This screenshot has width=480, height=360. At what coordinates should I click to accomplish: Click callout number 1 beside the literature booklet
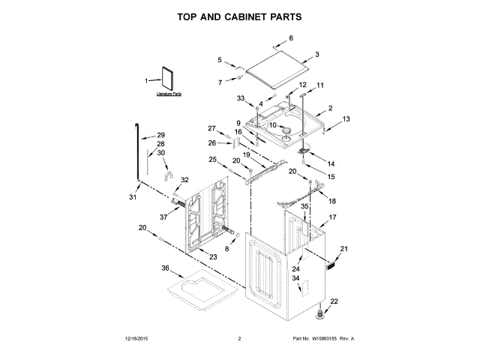pyautogui.click(x=147, y=80)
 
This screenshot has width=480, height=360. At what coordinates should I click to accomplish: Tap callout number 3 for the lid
pyautogui.click(x=316, y=54)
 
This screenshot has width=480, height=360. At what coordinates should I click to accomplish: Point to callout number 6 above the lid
pyautogui.click(x=291, y=37)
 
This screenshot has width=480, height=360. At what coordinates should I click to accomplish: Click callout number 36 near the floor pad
pyautogui.click(x=166, y=268)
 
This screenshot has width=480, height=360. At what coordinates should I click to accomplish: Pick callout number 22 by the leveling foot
pyautogui.click(x=334, y=301)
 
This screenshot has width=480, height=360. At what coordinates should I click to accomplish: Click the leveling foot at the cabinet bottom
pyautogui.click(x=324, y=310)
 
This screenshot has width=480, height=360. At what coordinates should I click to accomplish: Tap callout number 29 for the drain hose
pyautogui.click(x=160, y=136)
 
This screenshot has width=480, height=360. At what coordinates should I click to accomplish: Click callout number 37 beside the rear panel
pyautogui.click(x=163, y=217)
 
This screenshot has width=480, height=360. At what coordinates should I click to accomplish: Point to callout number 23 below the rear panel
pyautogui.click(x=213, y=257)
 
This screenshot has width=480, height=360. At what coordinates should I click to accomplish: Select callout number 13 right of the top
pyautogui.click(x=346, y=119)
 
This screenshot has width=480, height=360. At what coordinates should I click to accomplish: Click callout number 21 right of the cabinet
pyautogui.click(x=345, y=249)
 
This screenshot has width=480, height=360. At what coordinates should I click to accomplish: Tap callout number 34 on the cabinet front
pyautogui.click(x=295, y=279)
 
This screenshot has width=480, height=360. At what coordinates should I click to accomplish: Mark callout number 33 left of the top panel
pyautogui.click(x=241, y=98)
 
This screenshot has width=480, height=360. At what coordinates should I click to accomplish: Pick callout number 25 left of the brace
pyautogui.click(x=212, y=159)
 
